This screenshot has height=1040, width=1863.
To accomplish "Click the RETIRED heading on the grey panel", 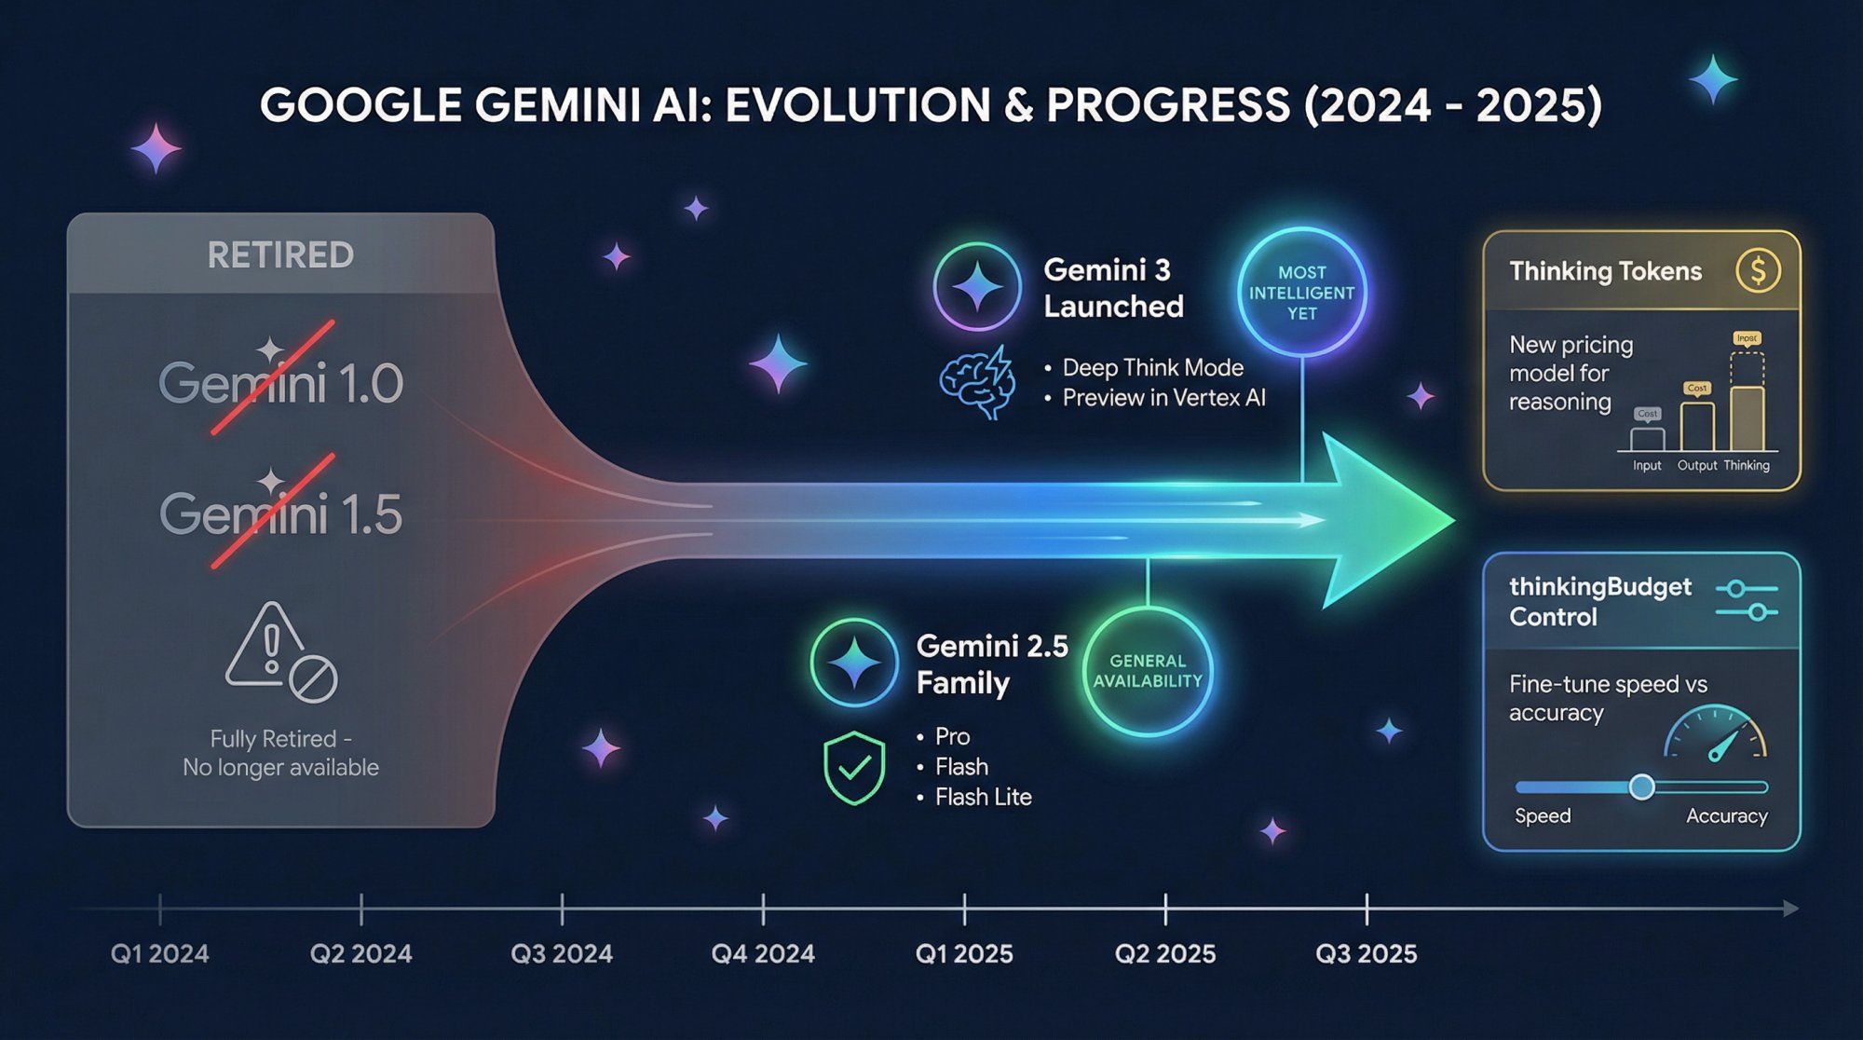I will [x=280, y=255].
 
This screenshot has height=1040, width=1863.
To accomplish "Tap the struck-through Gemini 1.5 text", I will [x=280, y=514].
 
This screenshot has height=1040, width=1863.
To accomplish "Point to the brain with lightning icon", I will [x=976, y=382].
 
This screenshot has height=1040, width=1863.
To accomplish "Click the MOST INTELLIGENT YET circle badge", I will [x=1301, y=293].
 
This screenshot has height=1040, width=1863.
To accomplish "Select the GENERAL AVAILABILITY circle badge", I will [x=1148, y=671].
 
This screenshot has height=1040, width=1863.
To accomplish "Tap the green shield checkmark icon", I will [x=854, y=768].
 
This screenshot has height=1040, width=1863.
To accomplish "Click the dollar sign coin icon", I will [x=1758, y=271].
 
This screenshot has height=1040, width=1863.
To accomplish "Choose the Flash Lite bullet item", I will [x=983, y=797].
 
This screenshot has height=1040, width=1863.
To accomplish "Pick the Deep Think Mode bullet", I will [x=1152, y=368].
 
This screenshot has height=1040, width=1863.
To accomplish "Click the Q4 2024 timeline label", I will [x=763, y=953].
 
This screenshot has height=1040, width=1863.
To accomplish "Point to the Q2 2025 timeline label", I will [x=1165, y=953].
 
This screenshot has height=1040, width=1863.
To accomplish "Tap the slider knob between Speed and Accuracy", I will [x=1642, y=787].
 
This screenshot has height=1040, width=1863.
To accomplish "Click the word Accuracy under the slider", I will [x=1726, y=816].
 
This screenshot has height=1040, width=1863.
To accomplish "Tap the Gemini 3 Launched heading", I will [x=1113, y=288].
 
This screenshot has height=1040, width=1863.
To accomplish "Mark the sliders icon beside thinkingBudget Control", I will [x=1747, y=601].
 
